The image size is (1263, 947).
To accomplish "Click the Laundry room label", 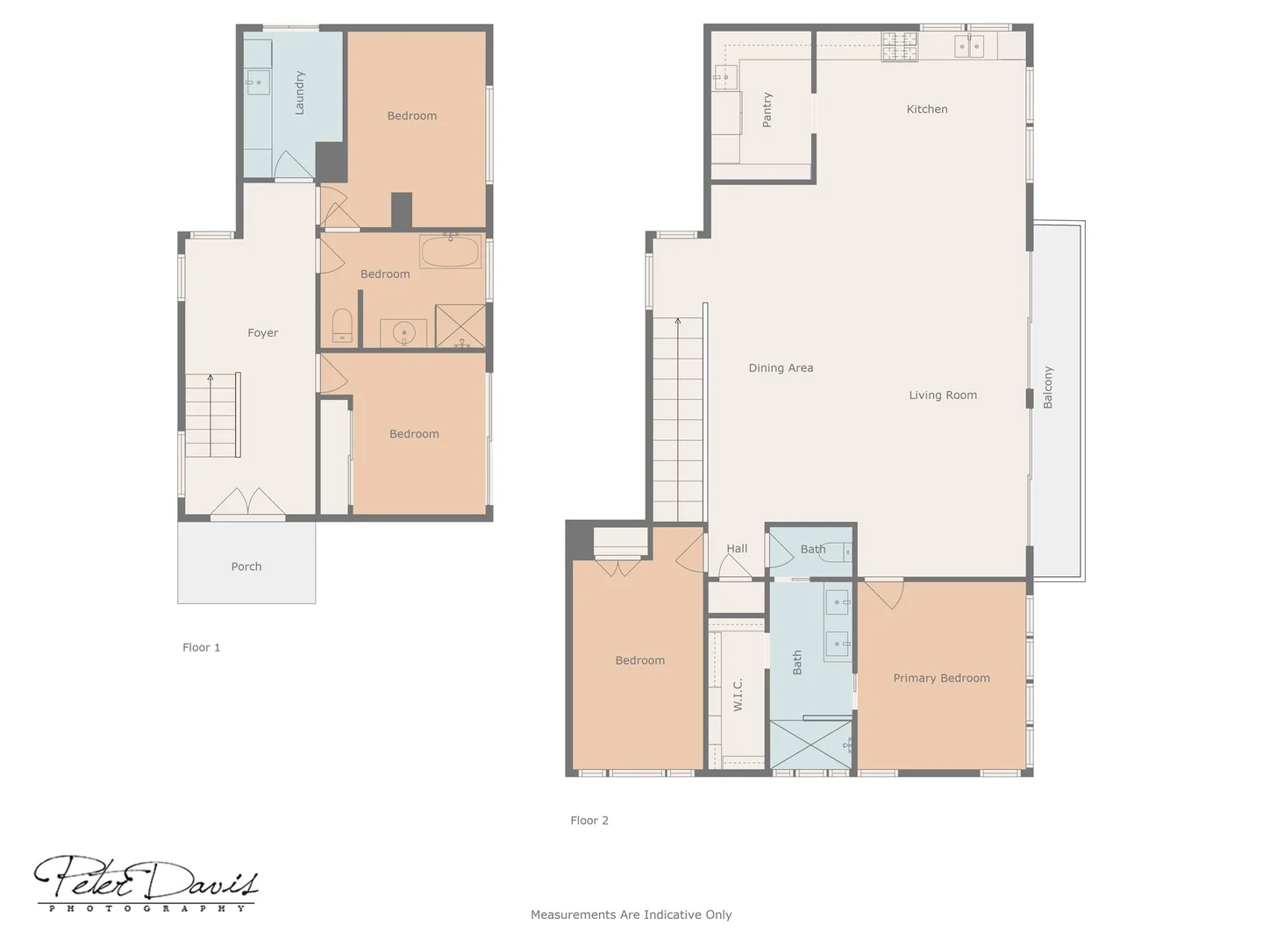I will [300, 93].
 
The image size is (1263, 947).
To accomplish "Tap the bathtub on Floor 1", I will [450, 252].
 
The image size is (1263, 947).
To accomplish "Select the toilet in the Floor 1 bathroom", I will [342, 325].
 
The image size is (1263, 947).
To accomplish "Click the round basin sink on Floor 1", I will [403, 333].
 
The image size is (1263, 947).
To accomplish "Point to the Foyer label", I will [262, 333].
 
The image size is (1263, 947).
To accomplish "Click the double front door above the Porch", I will [247, 503].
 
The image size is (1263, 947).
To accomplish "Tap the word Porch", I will [246, 566].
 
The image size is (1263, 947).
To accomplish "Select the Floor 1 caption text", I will [201, 647].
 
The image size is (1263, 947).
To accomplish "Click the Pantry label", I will [767, 110].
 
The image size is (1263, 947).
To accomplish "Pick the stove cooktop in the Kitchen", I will [900, 46].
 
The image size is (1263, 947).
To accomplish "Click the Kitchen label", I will [927, 110].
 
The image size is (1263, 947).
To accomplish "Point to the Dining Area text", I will [781, 368].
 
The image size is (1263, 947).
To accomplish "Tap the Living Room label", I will [943, 395].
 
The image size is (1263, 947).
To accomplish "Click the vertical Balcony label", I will [1048, 388].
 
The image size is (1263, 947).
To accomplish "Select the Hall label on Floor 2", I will [737, 549].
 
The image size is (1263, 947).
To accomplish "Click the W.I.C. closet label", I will [739, 694].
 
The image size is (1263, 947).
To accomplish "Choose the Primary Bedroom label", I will [941, 678].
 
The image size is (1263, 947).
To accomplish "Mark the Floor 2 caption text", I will [589, 821].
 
